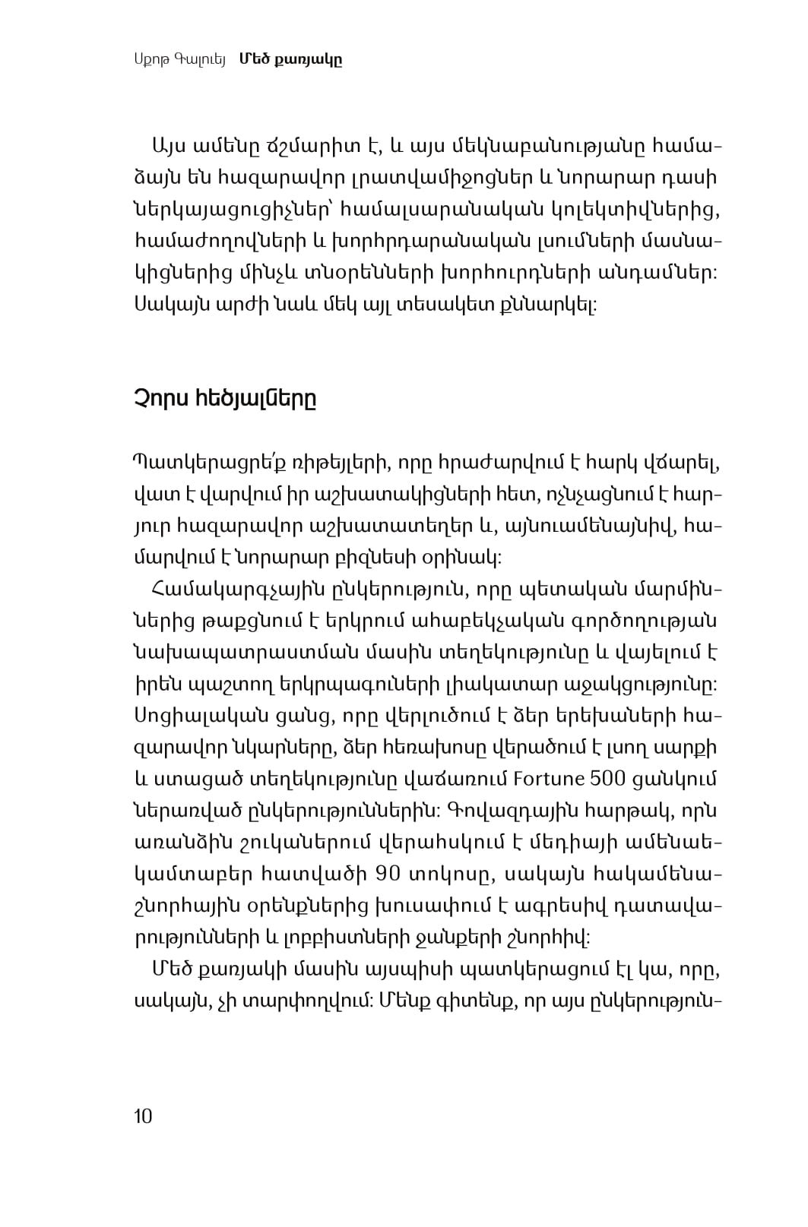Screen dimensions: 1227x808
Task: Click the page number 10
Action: [143, 1116]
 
